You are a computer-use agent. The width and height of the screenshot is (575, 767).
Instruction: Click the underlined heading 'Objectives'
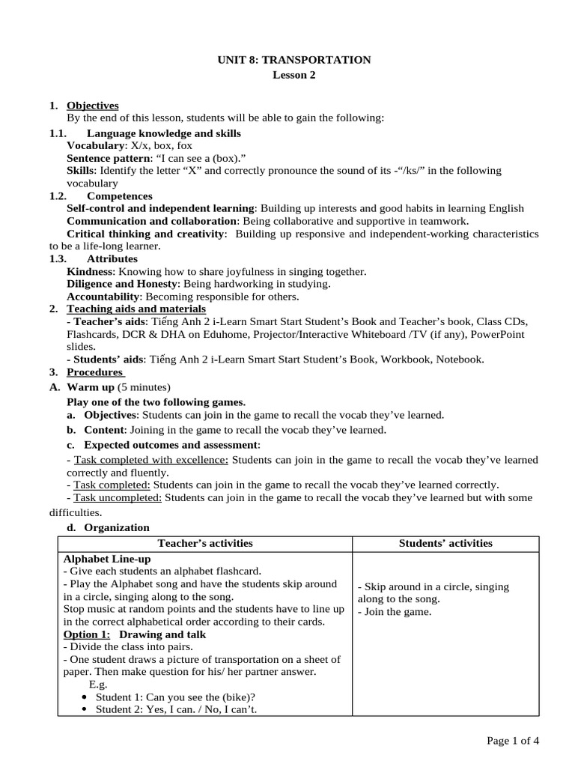tap(93, 106)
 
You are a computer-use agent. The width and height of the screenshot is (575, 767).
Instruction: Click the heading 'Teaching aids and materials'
tap(136, 309)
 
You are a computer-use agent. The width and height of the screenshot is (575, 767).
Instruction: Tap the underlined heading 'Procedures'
tap(94, 372)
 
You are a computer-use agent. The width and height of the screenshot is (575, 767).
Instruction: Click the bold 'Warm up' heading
tap(91, 387)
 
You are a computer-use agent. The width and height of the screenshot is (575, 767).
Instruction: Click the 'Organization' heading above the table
tap(116, 528)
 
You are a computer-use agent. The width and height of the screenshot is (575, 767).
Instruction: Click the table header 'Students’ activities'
tap(445, 544)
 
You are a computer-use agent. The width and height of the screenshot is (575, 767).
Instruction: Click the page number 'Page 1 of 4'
tap(513, 741)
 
